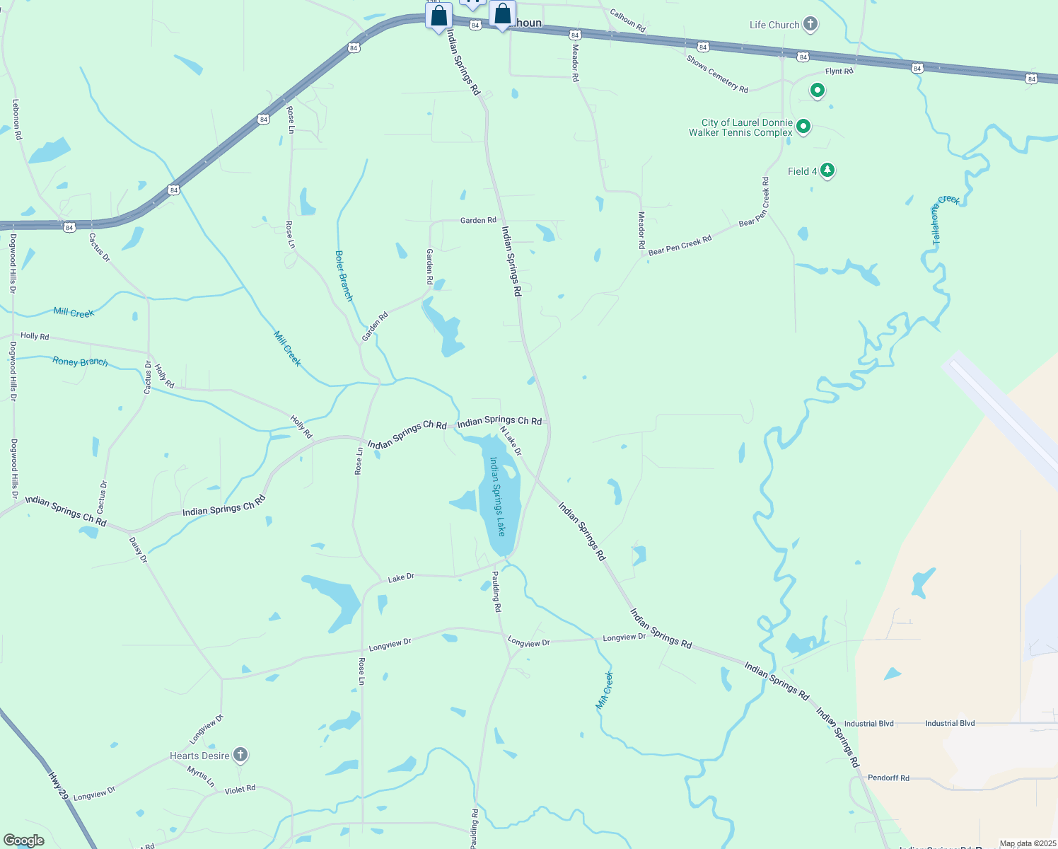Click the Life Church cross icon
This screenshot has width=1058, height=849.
click(810, 25)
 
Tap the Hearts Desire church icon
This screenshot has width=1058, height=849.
click(240, 755)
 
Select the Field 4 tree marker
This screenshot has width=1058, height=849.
click(827, 171)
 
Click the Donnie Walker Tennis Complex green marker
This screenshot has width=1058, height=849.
click(803, 127)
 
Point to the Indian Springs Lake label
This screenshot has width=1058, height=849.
click(499, 495)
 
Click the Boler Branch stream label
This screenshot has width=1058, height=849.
click(344, 276)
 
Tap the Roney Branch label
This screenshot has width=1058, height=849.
click(80, 362)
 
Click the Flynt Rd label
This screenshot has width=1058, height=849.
click(839, 71)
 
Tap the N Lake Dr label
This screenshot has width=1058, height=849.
click(511, 441)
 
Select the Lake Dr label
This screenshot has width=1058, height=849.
click(401, 578)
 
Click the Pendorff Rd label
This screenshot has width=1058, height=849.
click(888, 778)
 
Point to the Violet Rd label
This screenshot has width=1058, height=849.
click(240, 789)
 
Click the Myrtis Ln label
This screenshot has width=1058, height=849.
click(201, 777)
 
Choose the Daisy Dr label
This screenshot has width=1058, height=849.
click(138, 550)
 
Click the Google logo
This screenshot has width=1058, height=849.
click(23, 840)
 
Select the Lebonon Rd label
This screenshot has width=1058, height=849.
click(16, 119)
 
